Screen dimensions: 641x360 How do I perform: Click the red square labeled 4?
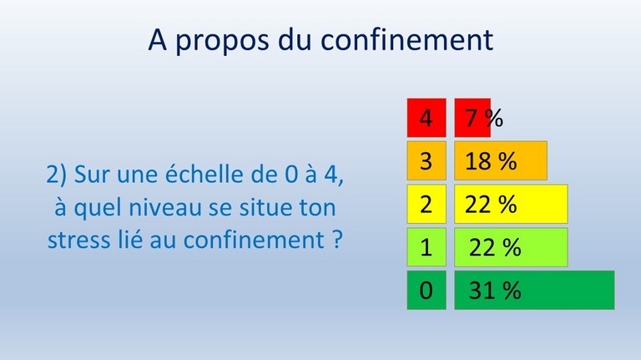point(426,118)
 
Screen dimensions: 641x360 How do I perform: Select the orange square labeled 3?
point(426,160)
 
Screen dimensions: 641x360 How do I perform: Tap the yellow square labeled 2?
point(426,204)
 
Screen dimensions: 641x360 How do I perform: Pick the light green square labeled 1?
point(426,247)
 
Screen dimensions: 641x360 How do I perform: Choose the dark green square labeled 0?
point(426,290)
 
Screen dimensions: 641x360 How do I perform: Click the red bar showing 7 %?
point(472,118)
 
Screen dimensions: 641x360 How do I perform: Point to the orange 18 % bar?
point(501,160)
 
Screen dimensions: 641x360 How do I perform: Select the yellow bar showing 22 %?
point(511,204)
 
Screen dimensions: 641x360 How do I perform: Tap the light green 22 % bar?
point(511,247)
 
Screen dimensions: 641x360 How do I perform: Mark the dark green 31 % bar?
point(534,290)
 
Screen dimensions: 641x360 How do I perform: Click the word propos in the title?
point(222,41)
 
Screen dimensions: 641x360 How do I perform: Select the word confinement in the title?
point(406,39)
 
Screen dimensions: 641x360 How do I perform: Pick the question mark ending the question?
point(336,240)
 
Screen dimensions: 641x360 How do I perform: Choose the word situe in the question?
point(265,207)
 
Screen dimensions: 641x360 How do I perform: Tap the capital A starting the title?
point(158,39)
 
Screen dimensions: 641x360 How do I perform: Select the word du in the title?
point(295,39)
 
